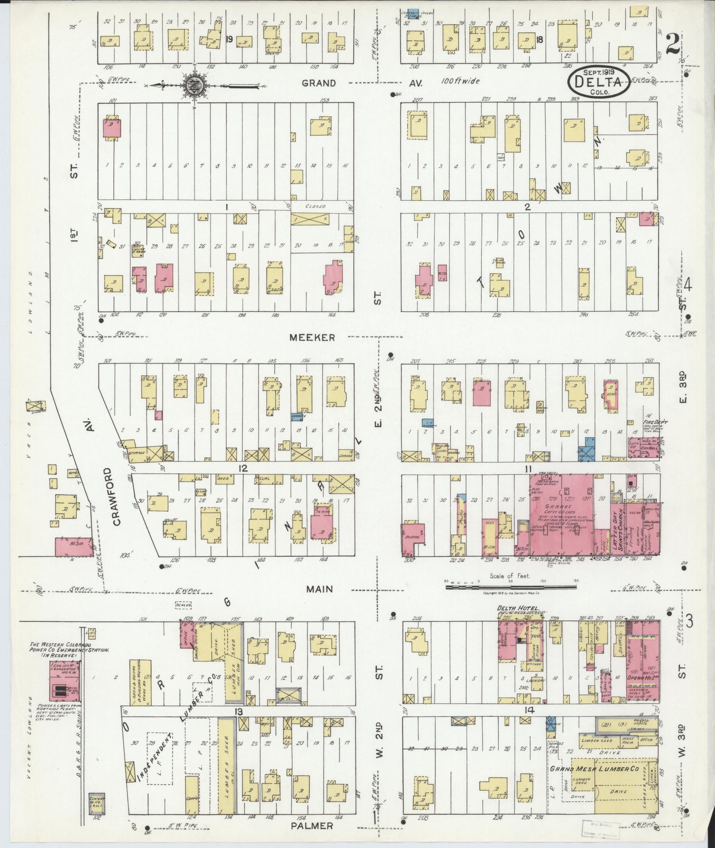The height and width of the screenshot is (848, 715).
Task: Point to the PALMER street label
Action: click(312, 826)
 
